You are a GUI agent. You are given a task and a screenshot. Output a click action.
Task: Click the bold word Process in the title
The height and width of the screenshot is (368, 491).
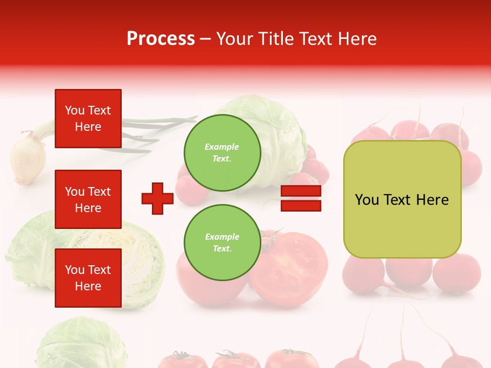[x=161, y=39]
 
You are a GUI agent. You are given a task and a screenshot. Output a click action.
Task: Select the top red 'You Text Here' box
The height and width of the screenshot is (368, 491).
[x=88, y=119]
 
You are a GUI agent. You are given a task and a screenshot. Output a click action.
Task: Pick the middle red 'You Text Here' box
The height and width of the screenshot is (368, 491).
[x=88, y=199]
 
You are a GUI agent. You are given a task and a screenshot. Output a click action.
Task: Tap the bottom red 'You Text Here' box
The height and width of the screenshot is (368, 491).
[x=88, y=278]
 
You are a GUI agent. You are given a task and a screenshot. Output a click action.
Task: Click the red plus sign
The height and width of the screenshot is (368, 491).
[x=158, y=198]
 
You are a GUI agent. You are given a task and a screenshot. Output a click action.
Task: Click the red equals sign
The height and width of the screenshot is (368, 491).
[x=301, y=198]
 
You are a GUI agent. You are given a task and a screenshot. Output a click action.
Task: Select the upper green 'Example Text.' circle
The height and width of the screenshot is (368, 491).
[x=222, y=153]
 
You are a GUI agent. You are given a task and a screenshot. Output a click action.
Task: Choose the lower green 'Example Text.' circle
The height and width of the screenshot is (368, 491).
[x=222, y=242]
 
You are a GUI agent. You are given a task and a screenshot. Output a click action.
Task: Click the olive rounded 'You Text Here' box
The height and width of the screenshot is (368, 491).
[x=402, y=199]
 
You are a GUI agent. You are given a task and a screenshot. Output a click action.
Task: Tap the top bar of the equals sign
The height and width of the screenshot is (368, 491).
[x=301, y=191]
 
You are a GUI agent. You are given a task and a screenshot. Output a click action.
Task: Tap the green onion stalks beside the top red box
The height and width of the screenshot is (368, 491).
[x=153, y=130]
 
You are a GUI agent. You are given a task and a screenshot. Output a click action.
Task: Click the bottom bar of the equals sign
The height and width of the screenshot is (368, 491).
[x=301, y=205]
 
